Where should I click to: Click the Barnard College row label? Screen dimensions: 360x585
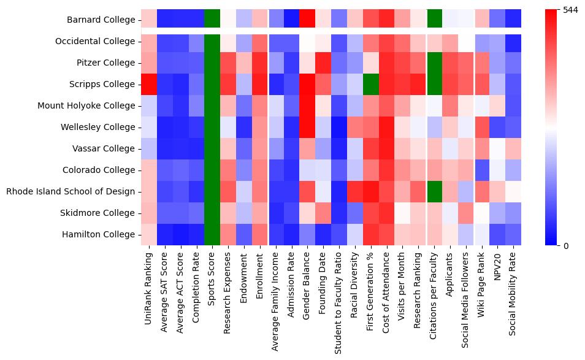coord(101,20)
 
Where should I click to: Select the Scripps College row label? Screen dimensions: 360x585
coord(102,84)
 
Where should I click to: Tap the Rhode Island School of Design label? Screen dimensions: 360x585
coord(70,191)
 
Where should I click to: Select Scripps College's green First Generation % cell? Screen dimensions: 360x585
coord(370,84)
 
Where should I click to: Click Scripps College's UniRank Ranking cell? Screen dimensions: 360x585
coord(148,84)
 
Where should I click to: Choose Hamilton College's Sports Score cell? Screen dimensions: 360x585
coord(212,234)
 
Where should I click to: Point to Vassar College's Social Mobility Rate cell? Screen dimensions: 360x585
coord(513,148)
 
